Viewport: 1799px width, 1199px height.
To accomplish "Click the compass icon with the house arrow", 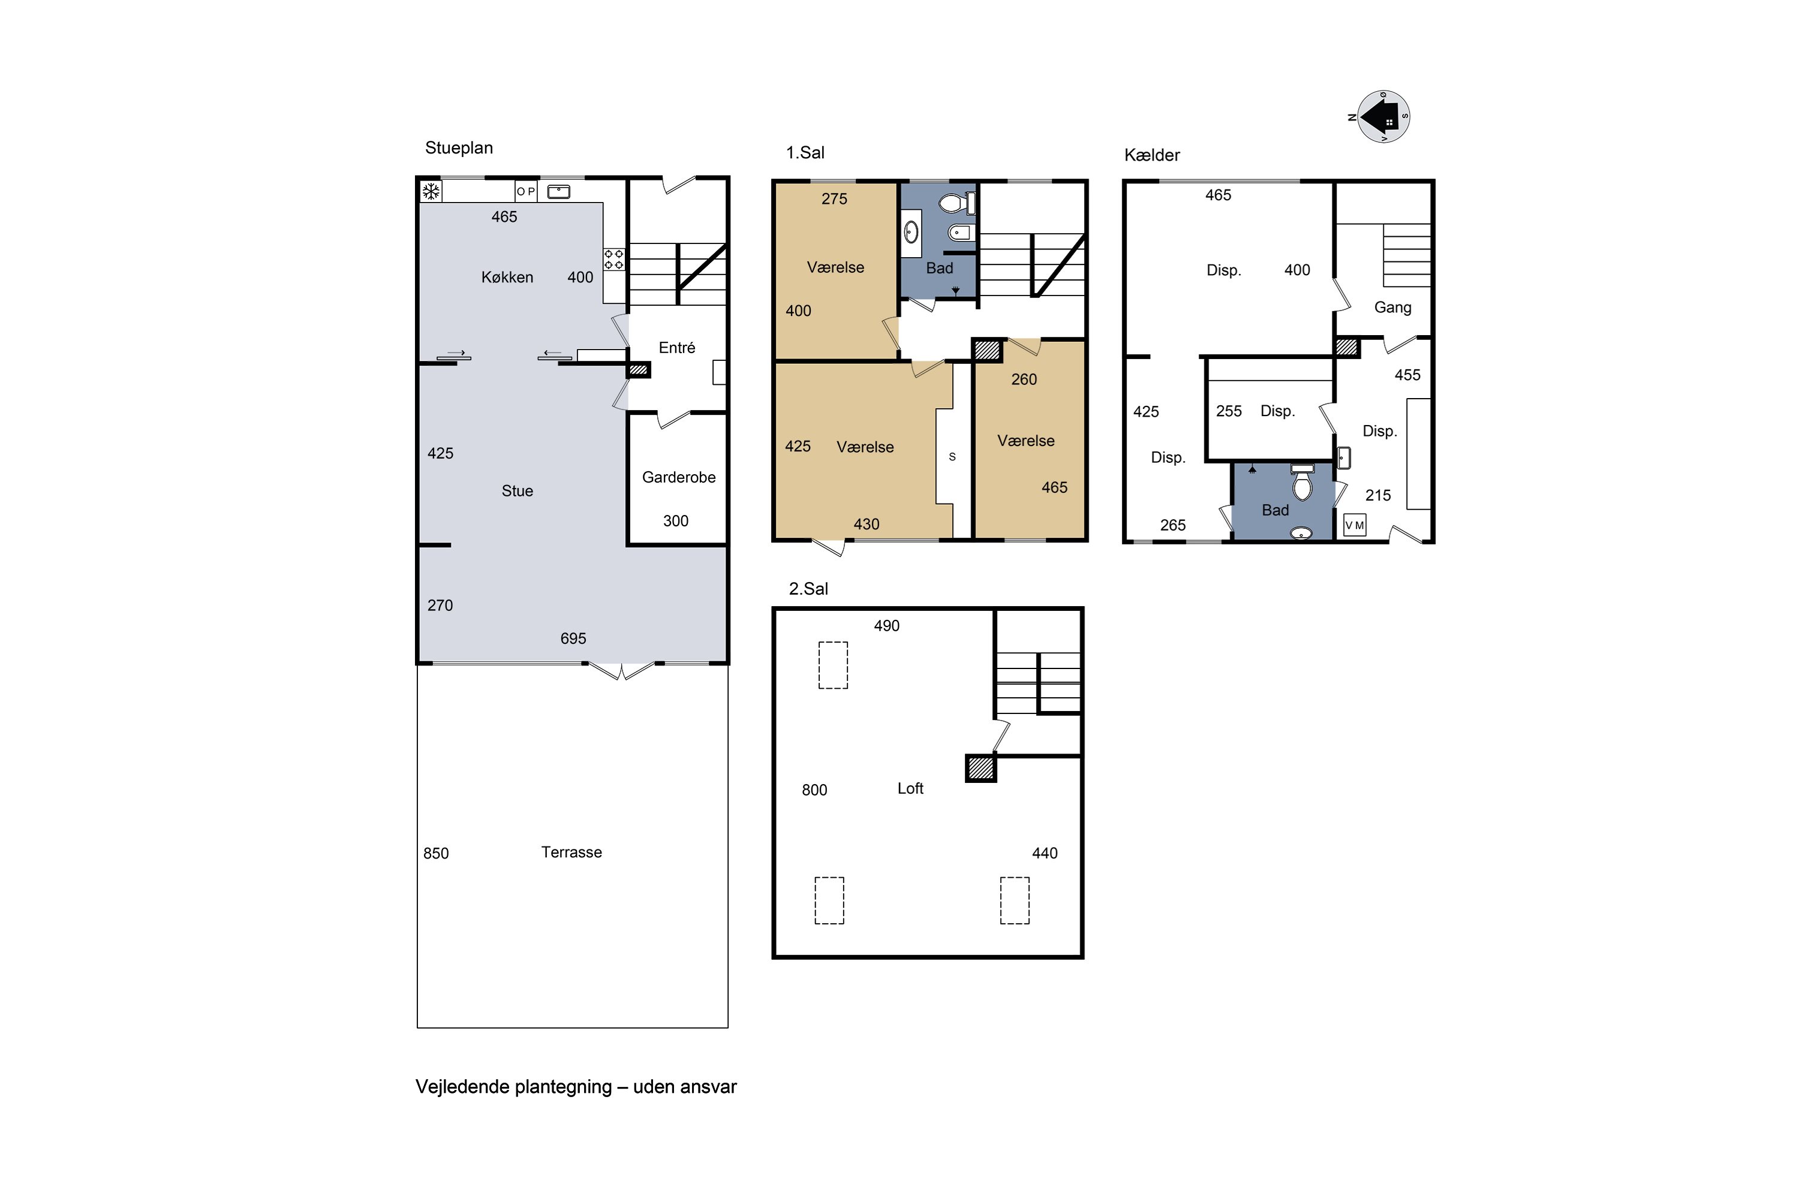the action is [1383, 117].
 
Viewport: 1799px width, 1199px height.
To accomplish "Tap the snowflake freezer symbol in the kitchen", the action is [431, 191].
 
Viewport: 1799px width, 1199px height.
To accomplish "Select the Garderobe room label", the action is [678, 477].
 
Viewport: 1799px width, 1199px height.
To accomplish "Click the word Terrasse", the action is [571, 852].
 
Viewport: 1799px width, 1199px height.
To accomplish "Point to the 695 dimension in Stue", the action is [573, 638].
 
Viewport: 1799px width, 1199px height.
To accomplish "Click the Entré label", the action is [677, 347].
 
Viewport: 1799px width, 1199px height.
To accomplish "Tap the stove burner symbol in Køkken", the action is [614, 259].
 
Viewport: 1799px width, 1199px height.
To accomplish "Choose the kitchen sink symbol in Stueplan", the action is [559, 191].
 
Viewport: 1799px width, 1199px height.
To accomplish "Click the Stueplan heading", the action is [459, 147].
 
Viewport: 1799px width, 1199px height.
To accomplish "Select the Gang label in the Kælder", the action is [1392, 308].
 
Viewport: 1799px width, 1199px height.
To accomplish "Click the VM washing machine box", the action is [1355, 525].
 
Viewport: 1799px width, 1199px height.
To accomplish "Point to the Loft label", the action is [910, 788].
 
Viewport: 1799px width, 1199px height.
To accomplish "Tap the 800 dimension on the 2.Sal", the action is [814, 790].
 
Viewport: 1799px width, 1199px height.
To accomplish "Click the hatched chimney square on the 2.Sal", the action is [980, 768].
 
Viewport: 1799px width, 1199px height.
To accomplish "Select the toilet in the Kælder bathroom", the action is [1302, 482].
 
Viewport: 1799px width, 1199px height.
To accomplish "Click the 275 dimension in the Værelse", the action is [835, 199].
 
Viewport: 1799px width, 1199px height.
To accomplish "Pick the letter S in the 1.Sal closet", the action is [952, 456].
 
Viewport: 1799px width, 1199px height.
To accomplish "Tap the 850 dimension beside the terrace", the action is [436, 853].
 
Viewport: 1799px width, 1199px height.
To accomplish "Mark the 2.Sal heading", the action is [808, 589].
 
